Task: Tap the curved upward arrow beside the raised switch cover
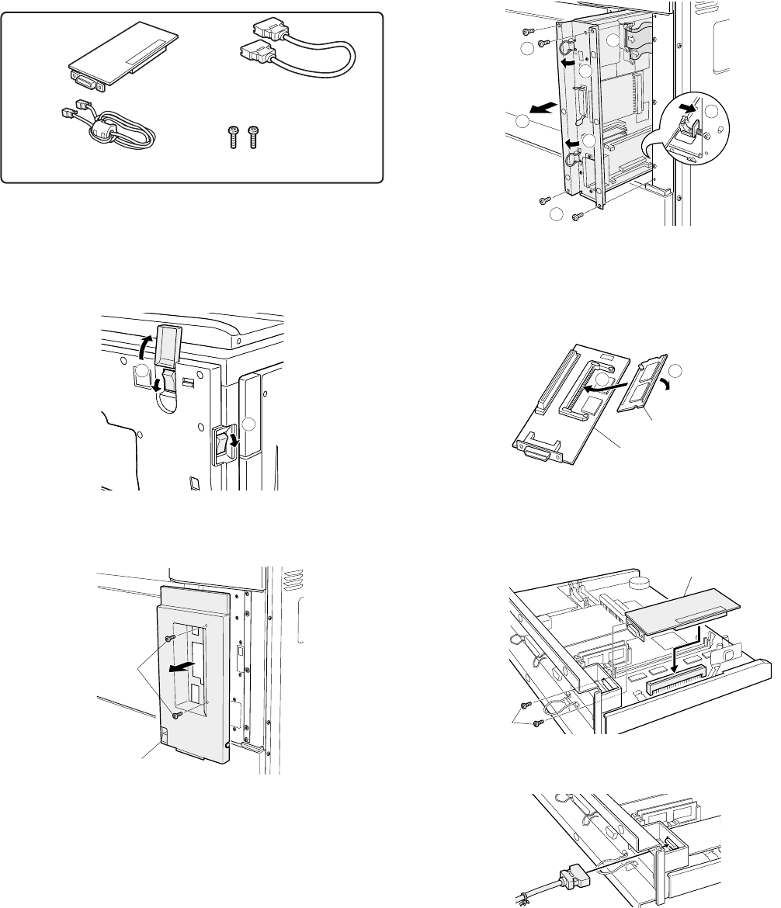click(x=142, y=341)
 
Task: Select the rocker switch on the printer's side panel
click(x=225, y=444)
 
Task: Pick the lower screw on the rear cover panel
click(x=177, y=715)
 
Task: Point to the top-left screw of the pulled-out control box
click(x=528, y=31)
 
